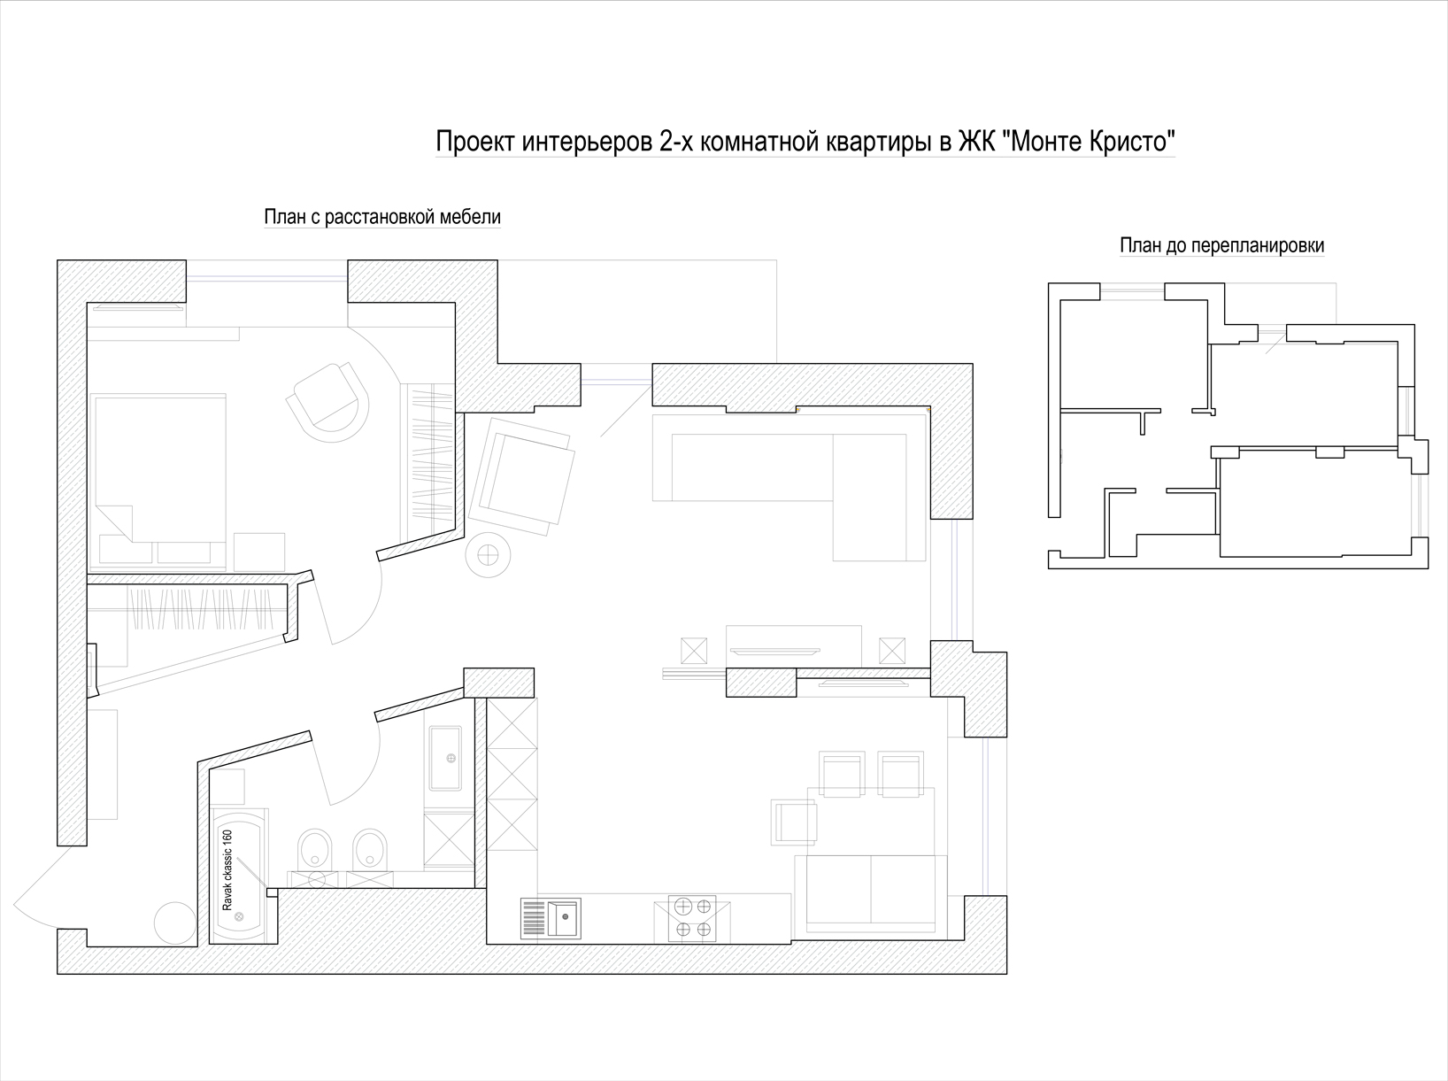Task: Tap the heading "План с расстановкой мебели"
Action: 382,216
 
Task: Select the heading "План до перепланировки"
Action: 1221,245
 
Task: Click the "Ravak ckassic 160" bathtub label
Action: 227,870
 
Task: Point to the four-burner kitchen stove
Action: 693,917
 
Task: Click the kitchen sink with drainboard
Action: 551,917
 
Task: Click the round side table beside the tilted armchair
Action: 488,555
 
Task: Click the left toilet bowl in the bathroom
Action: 315,851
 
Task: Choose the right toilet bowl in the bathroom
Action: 370,851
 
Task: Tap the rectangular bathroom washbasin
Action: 445,758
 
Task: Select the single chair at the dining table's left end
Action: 794,822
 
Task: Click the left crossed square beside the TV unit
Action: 693,651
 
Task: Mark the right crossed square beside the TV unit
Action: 892,651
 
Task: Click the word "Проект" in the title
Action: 475,142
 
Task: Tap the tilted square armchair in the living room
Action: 521,476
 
